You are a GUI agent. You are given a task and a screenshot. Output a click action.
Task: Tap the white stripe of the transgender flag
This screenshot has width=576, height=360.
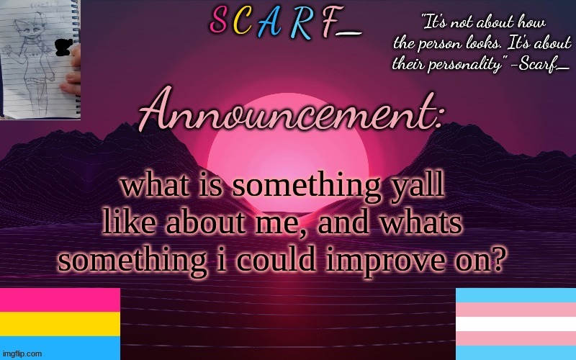pyautogui.click(x=516, y=324)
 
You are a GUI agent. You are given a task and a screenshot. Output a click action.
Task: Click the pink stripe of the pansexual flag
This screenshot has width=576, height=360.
pyautogui.click(x=60, y=300)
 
